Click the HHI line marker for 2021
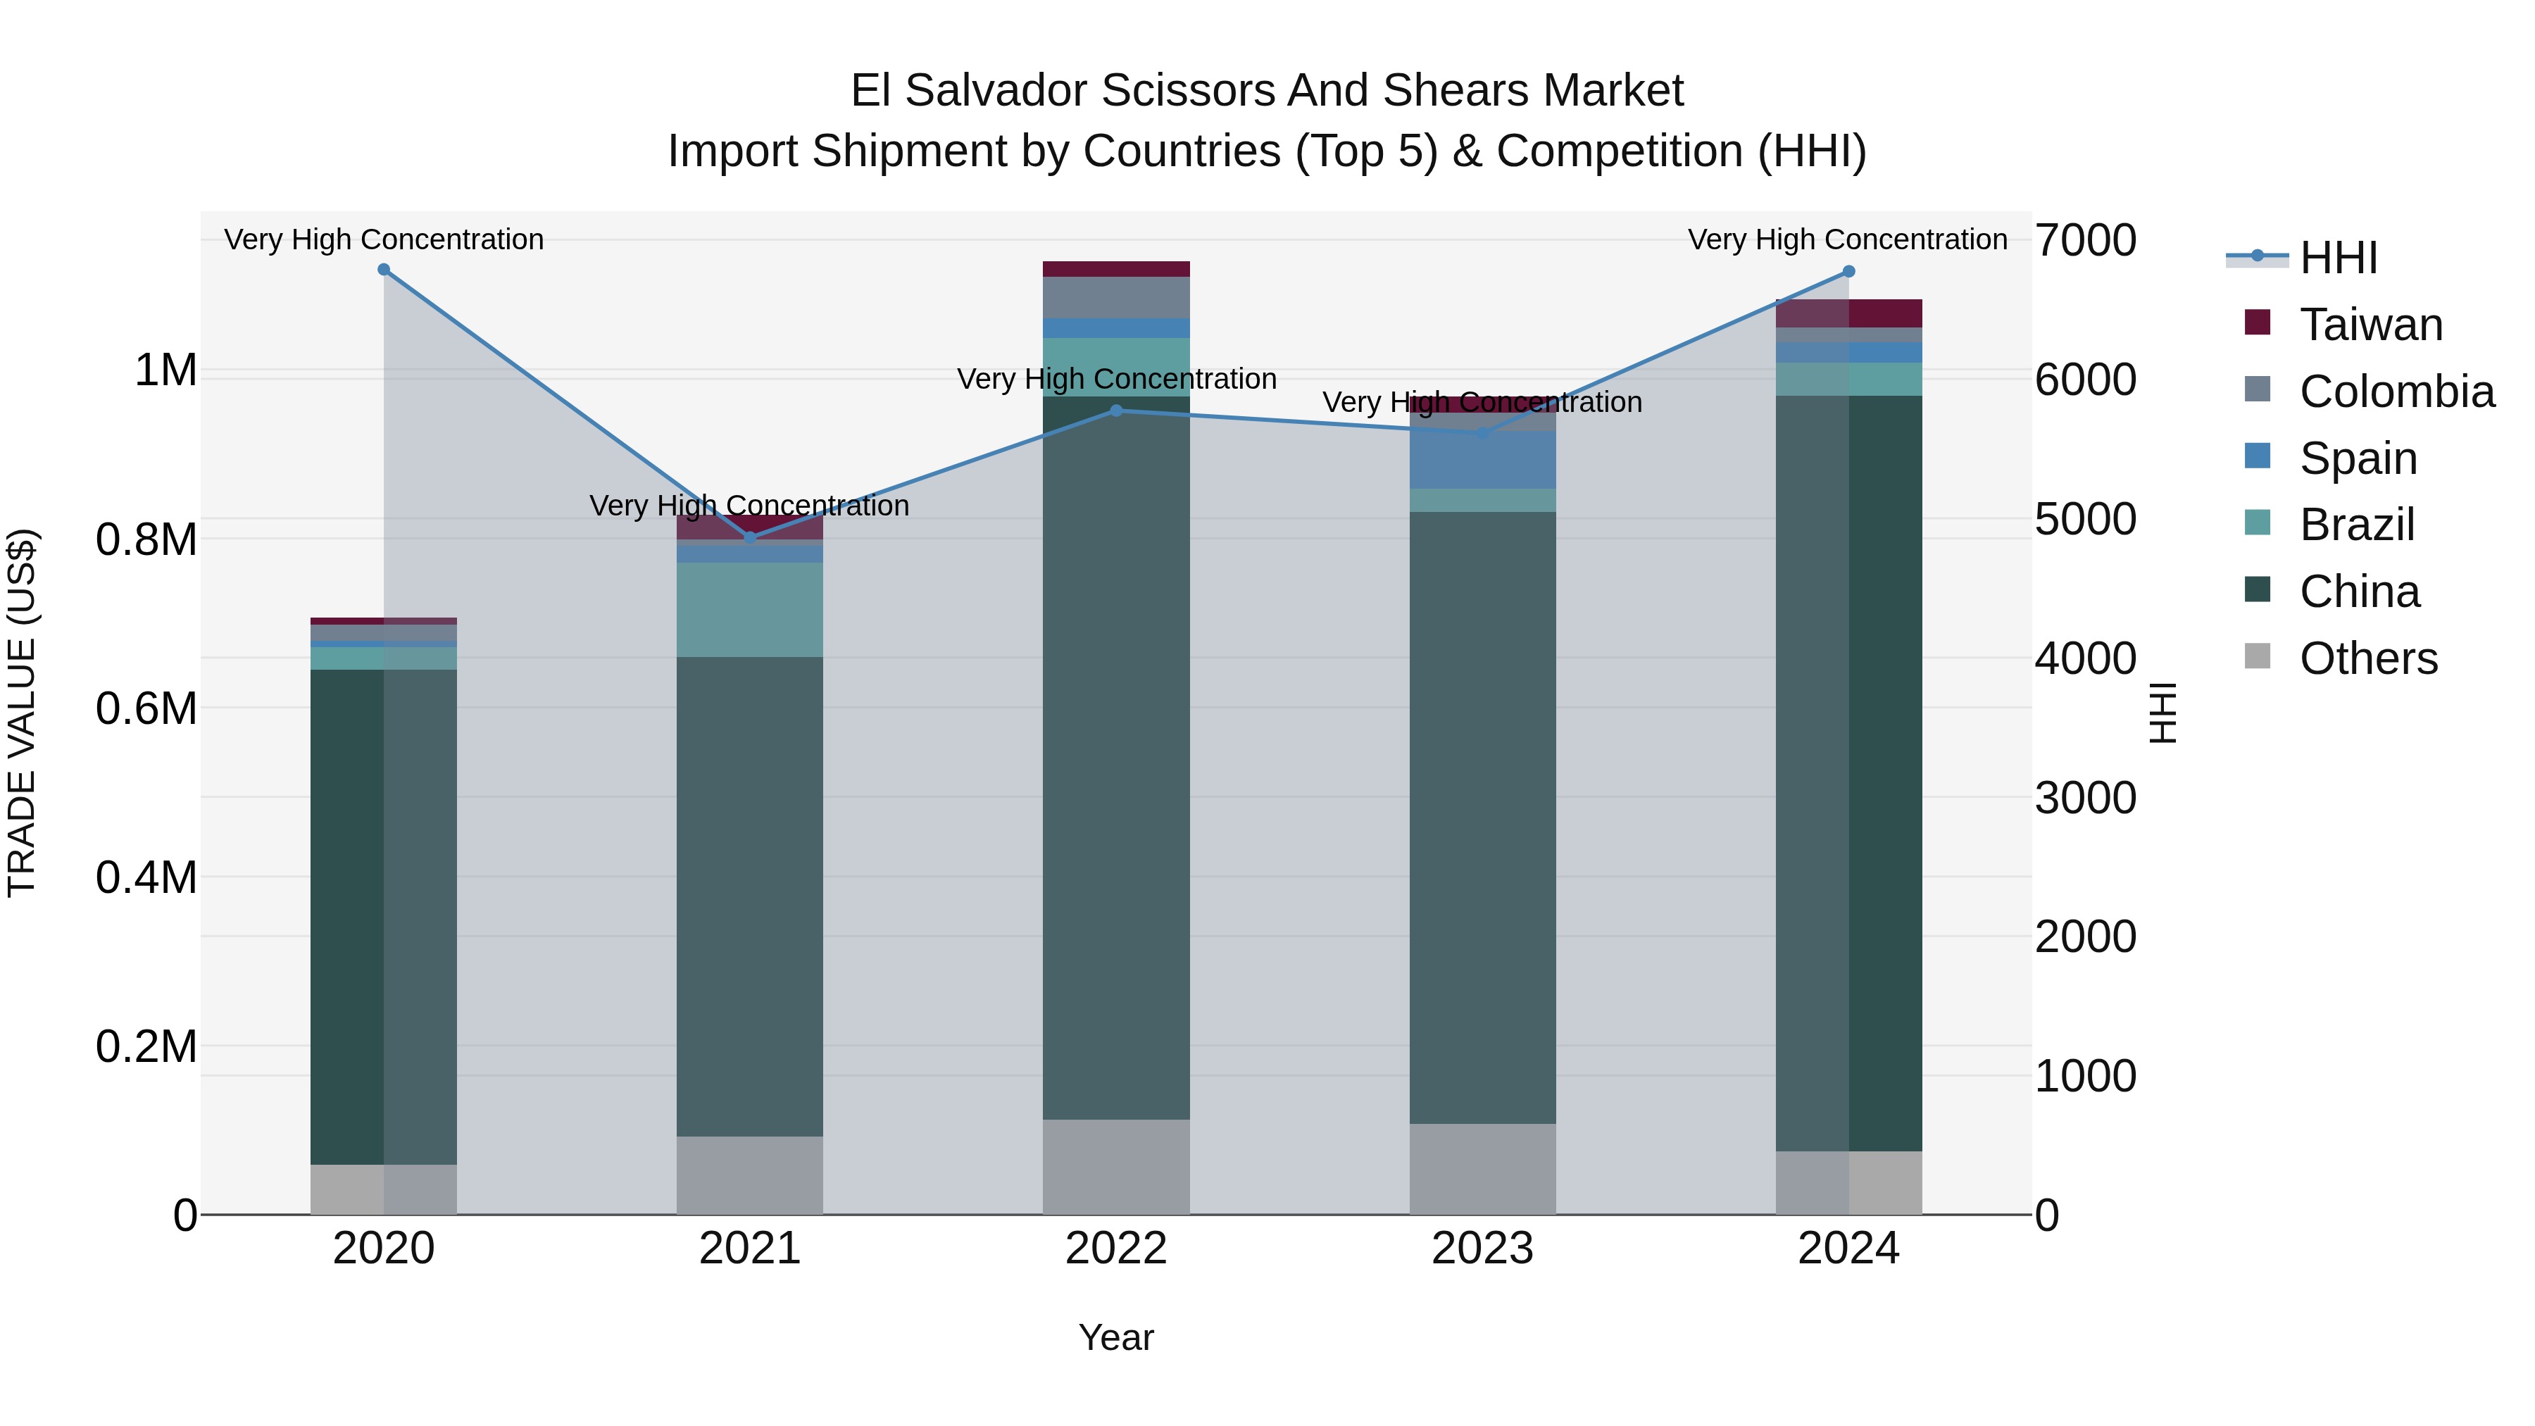click(x=750, y=537)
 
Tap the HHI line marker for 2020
click(x=384, y=270)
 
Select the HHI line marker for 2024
click(x=1848, y=272)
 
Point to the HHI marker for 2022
click(x=1116, y=411)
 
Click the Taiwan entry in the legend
click(x=2370, y=325)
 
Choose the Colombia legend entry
click(x=2396, y=392)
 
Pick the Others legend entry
click(x=2367, y=658)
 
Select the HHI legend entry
click(x=2337, y=258)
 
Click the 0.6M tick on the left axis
click(x=146, y=708)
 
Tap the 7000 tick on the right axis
click(x=2084, y=241)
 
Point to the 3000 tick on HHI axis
click(x=2084, y=798)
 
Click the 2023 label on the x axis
click(x=1482, y=1249)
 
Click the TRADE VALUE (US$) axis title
click(x=22, y=713)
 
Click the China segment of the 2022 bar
click(x=1116, y=758)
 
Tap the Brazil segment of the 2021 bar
click(x=750, y=609)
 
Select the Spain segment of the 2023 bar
click(x=1482, y=460)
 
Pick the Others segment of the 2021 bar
click(x=750, y=1175)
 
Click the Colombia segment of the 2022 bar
click(x=1116, y=297)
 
